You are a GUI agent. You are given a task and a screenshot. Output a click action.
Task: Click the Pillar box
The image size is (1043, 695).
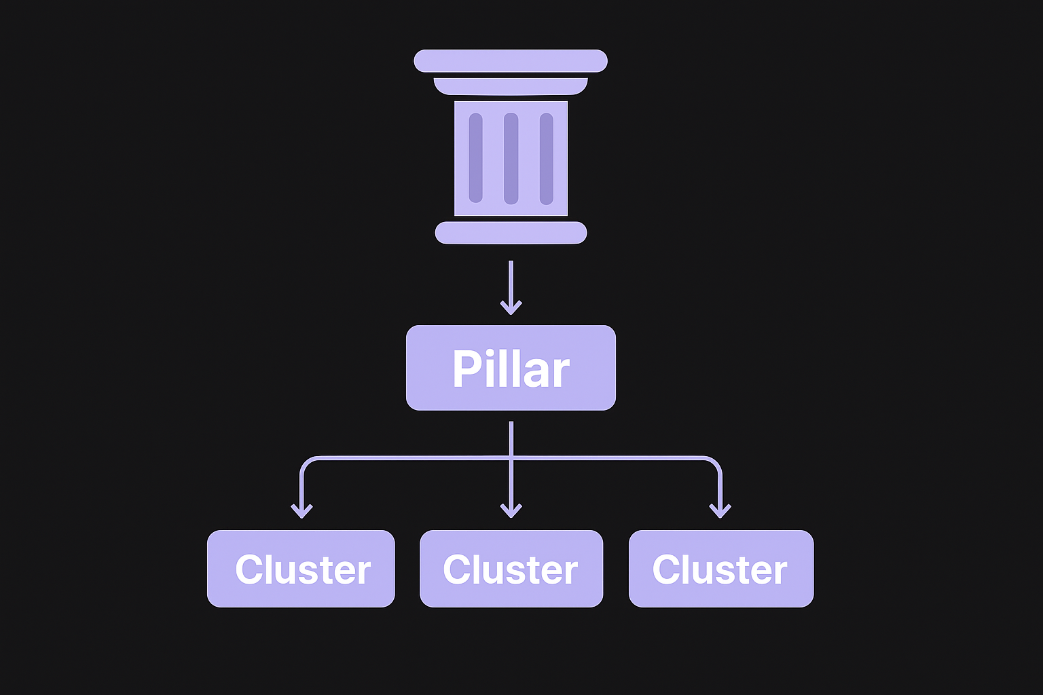(511, 368)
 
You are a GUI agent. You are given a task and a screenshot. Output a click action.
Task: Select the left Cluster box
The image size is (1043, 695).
(301, 569)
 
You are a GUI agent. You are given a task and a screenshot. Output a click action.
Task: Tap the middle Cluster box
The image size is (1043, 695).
(511, 569)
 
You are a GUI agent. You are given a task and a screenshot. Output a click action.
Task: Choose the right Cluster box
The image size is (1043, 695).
(720, 569)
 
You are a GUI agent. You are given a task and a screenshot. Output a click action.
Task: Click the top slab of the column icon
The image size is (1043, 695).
(511, 61)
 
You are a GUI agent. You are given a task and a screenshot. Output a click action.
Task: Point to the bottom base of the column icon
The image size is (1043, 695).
(511, 232)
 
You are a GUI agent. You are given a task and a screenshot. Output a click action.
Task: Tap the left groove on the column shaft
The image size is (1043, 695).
(475, 158)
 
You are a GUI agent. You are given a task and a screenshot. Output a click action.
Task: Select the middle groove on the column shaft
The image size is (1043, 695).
(511, 158)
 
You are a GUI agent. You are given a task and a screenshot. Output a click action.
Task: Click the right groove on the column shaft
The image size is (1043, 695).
(546, 158)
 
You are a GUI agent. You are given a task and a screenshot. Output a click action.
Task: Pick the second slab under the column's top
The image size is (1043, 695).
(511, 86)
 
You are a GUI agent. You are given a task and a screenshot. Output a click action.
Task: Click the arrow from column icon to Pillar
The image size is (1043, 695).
(511, 288)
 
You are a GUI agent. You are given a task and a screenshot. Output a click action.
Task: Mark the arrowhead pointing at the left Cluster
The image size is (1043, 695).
(301, 510)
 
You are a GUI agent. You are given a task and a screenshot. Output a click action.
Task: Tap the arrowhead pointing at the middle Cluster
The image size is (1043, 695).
(511, 510)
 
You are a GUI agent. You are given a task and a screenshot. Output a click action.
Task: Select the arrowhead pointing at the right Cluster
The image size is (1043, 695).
(720, 510)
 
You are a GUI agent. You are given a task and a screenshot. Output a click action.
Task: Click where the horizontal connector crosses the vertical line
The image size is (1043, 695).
(511, 458)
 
